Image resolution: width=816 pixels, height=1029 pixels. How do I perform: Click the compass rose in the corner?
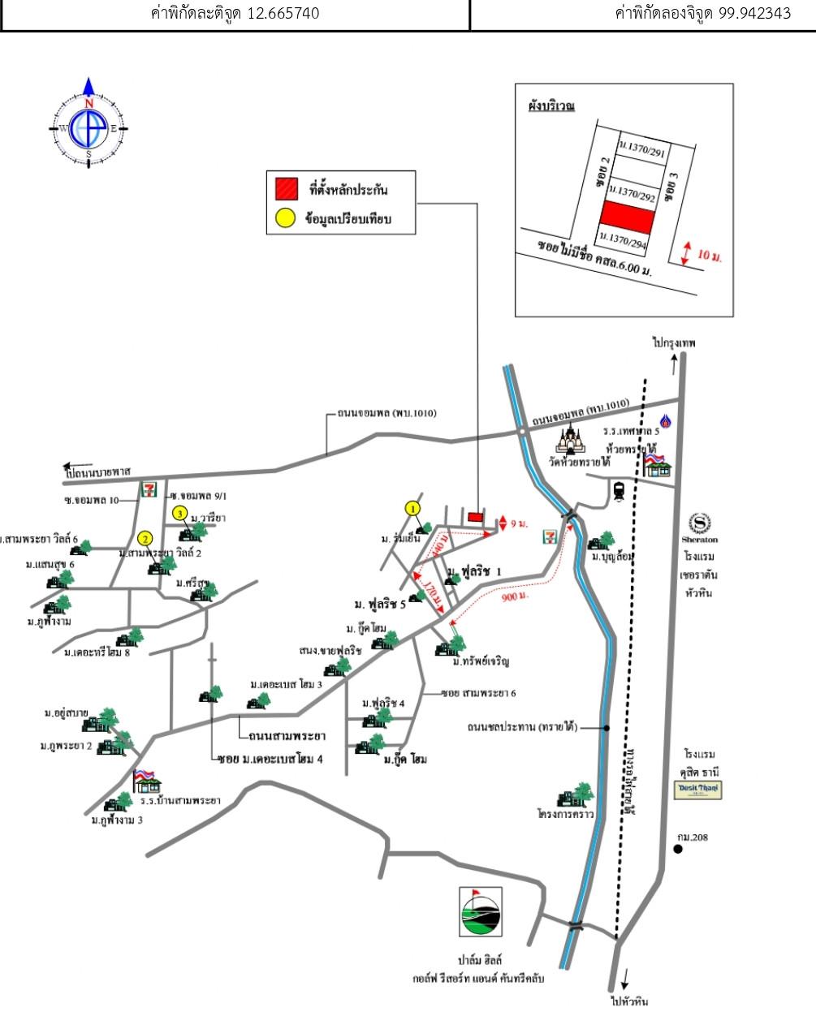(x=89, y=126)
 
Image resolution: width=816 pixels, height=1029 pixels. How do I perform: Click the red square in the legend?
(x=285, y=189)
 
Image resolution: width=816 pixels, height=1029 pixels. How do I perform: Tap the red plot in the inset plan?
(x=627, y=216)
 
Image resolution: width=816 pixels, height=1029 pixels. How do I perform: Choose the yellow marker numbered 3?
(x=180, y=513)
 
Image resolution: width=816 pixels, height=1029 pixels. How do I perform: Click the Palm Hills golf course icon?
(x=480, y=911)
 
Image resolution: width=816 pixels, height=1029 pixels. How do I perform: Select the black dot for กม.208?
(x=677, y=850)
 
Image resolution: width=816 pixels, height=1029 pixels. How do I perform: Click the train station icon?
(x=619, y=490)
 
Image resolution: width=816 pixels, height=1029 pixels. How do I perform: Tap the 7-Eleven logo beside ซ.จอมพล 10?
(x=149, y=489)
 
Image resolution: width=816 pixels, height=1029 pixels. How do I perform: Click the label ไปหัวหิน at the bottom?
(x=629, y=1001)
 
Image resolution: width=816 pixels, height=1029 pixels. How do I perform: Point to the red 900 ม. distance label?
(x=515, y=596)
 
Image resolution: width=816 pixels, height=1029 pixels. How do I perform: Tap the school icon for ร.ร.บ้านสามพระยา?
(x=147, y=780)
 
